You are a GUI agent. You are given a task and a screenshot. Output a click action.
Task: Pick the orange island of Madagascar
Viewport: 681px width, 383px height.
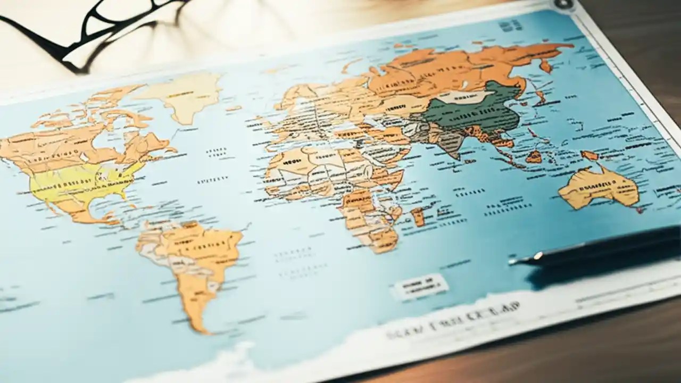[418, 216]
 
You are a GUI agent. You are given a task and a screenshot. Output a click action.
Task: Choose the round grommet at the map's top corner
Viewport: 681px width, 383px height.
[564, 4]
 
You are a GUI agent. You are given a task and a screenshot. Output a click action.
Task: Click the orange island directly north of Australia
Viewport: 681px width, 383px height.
[589, 155]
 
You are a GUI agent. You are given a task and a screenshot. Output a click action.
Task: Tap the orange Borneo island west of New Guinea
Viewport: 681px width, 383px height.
[534, 156]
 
